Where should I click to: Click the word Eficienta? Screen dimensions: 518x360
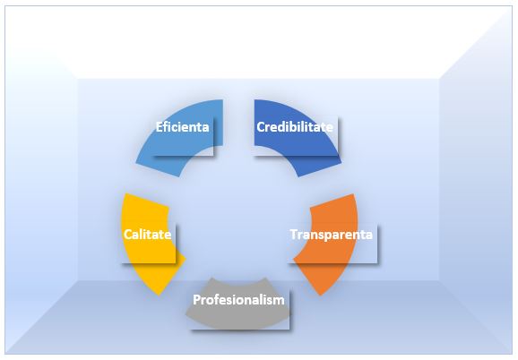(x=182, y=127)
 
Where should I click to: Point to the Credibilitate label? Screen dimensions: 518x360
(x=295, y=127)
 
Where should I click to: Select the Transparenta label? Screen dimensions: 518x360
(x=332, y=235)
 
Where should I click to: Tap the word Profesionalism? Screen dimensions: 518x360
(x=238, y=300)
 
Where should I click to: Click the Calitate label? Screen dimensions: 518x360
(x=147, y=235)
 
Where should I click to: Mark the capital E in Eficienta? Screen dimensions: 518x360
(x=160, y=127)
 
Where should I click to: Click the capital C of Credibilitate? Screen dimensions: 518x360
(x=261, y=127)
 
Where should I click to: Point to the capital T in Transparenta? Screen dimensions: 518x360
(x=294, y=235)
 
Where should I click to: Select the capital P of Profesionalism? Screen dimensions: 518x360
(x=197, y=300)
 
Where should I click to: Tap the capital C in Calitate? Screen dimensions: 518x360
(x=128, y=235)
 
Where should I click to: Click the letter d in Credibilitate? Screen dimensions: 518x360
(x=283, y=127)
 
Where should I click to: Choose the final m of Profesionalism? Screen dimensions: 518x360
(x=279, y=301)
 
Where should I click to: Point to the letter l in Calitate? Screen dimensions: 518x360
(x=143, y=235)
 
